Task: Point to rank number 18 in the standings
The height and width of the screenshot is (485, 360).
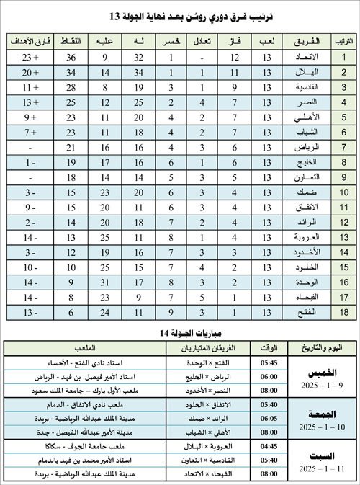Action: [343, 311]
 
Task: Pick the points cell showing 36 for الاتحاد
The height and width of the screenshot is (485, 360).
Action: [71, 56]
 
